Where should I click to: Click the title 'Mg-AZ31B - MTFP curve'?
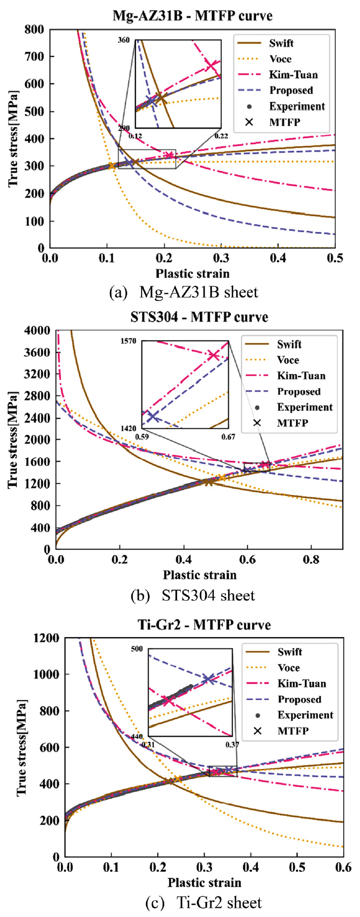tap(192, 15)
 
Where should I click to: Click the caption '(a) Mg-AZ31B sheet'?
tap(183, 292)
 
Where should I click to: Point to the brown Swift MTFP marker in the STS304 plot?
tap(209, 482)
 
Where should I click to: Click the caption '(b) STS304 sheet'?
tap(193, 595)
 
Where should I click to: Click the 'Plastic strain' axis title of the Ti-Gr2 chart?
tap(204, 883)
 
